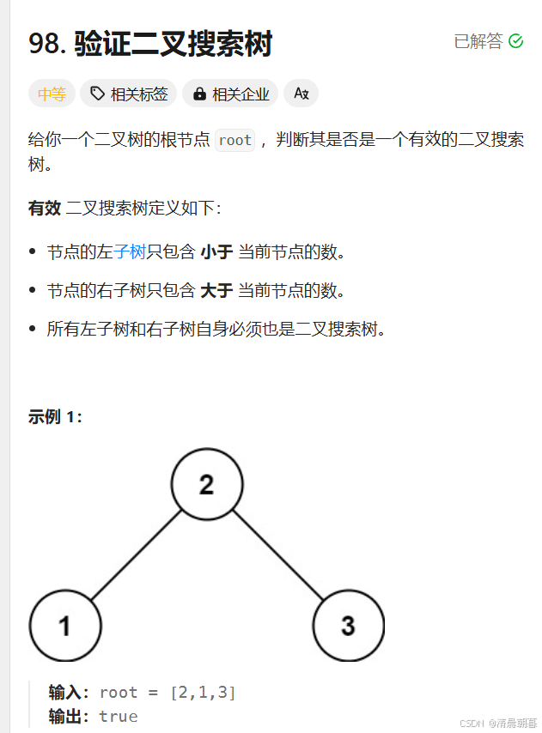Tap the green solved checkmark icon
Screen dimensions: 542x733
(516, 41)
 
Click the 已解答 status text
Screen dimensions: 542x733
(478, 41)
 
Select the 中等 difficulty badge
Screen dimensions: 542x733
(52, 94)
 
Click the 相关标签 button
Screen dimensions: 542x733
(129, 94)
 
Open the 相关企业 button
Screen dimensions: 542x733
(232, 94)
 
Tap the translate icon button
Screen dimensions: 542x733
(301, 94)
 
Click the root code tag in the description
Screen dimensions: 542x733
(234, 140)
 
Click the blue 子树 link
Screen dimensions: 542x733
(130, 251)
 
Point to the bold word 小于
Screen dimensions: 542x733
(216, 251)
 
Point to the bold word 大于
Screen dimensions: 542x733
(216, 290)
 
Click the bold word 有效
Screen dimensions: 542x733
(45, 209)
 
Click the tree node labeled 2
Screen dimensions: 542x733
(206, 485)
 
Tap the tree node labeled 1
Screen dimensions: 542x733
(64, 626)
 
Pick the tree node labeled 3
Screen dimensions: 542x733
(348, 626)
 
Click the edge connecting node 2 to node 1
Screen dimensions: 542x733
(135, 555)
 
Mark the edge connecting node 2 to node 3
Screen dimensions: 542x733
(277, 555)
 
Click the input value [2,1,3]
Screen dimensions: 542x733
(203, 693)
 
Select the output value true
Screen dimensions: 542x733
(119, 716)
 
